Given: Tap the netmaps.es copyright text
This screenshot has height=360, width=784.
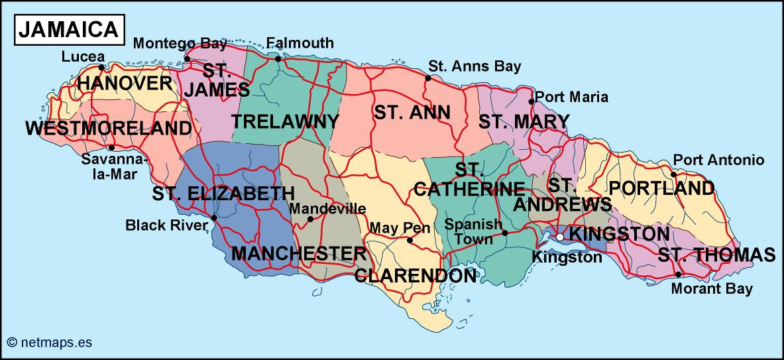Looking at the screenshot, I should click(49, 342).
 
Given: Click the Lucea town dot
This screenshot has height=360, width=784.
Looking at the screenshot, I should click(101, 67).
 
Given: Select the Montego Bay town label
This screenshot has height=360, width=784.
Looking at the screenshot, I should click(180, 44).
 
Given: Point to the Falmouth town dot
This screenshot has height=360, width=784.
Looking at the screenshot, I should click(278, 58).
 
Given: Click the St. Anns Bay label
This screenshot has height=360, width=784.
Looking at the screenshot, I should click(475, 66).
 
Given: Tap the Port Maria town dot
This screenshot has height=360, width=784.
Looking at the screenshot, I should click(532, 101).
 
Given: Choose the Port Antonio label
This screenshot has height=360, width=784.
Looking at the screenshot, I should click(718, 160).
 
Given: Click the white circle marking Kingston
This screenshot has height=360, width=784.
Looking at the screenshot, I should click(560, 236).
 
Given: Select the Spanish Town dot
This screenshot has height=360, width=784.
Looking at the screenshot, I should click(505, 233).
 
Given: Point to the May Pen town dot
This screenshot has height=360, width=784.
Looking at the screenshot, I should click(410, 240).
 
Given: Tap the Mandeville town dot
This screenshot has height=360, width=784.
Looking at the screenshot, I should click(310, 218).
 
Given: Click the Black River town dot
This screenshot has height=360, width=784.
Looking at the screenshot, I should click(214, 217).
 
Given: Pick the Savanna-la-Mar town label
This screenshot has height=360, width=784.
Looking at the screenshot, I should click(109, 167).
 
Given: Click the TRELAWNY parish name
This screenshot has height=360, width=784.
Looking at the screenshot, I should click(285, 121).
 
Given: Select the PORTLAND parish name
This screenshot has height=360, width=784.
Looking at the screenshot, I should click(661, 188).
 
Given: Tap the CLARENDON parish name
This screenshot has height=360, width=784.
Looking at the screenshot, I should click(416, 275).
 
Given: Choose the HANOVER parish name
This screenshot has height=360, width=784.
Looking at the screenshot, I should click(125, 84).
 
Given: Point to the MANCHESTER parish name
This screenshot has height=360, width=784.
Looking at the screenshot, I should click(298, 253).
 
